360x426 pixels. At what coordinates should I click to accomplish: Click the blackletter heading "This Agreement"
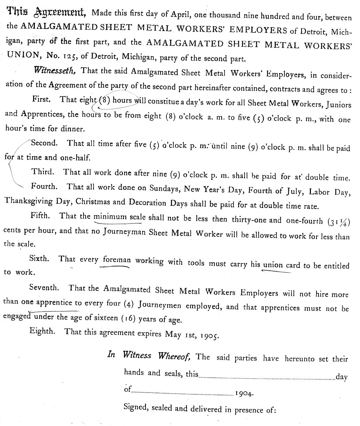click(x=47, y=13)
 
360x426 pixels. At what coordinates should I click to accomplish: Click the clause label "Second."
click(x=44, y=143)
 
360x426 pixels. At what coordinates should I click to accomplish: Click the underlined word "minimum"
click(x=110, y=216)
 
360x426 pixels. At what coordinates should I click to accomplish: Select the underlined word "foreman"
click(x=117, y=260)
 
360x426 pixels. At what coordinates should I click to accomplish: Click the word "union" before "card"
click(x=273, y=265)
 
